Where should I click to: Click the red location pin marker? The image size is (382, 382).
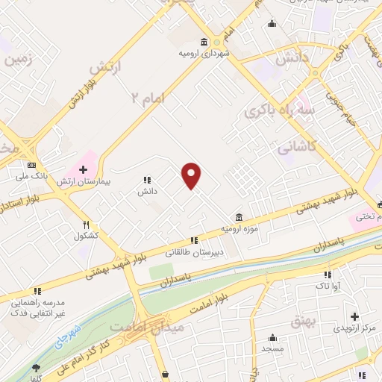pyautogui.click(x=192, y=175)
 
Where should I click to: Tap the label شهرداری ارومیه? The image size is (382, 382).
pyautogui.click(x=203, y=54)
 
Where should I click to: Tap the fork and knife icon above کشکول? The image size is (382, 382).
pyautogui.click(x=87, y=224)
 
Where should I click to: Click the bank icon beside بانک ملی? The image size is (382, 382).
pyautogui.click(x=31, y=165)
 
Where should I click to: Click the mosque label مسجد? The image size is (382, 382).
pyautogui.click(x=273, y=348)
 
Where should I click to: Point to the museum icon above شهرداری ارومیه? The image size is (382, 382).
pyautogui.click(x=204, y=42)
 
